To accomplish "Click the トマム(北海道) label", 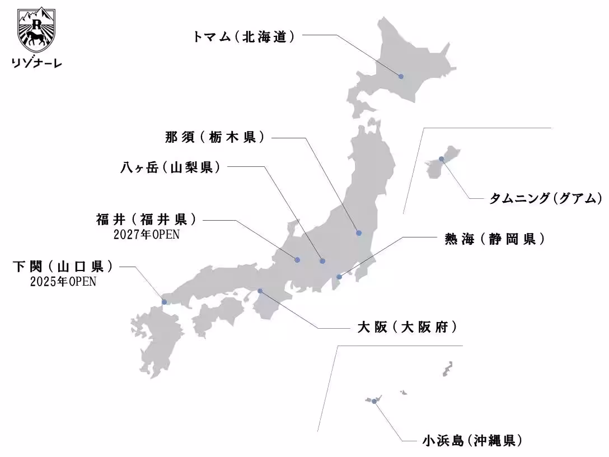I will coord(243,37).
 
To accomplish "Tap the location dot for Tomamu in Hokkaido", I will coord(401,76).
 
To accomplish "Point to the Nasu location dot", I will coord(359,233).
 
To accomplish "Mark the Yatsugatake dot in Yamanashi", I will coord(322,260).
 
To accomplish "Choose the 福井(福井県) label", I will coord(148,219).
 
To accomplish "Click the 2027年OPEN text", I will coord(147,234).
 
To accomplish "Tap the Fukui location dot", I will coord(297,259).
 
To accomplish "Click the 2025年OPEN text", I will coord(63,282).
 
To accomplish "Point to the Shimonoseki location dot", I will coord(164,302).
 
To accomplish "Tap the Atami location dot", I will coord(339,277).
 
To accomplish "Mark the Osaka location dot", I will coord(260,291).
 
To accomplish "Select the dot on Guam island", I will coord(442,159).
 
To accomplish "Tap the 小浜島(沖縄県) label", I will coord(473,440).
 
